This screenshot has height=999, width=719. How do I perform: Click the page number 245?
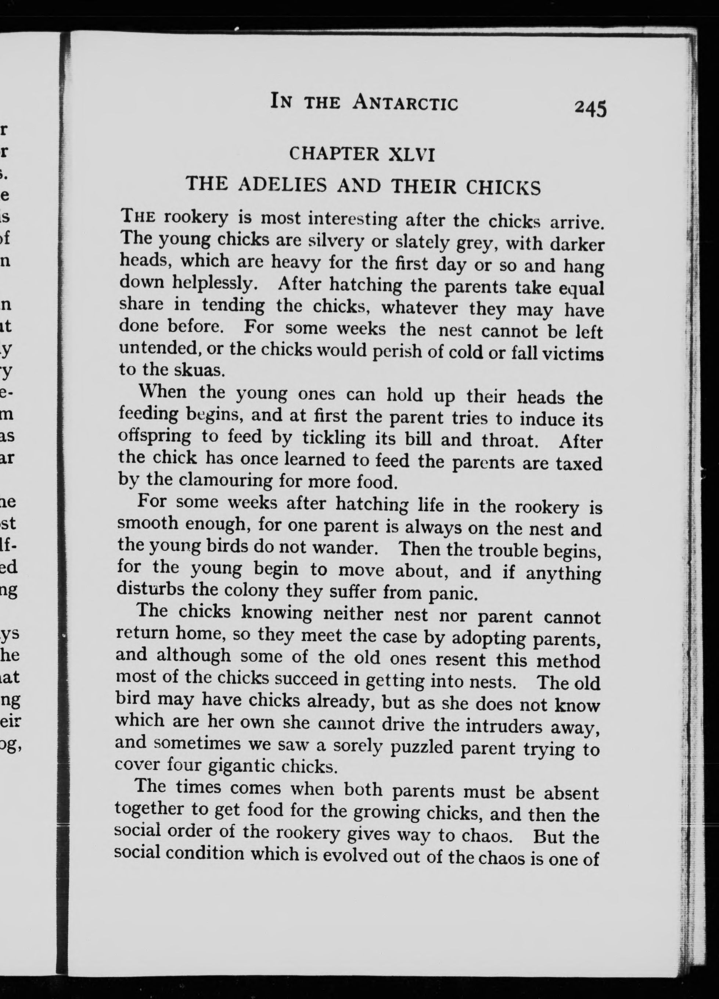click(x=590, y=108)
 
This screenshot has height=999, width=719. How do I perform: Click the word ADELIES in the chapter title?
click(x=282, y=184)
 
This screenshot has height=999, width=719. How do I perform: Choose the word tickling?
click(x=334, y=438)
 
